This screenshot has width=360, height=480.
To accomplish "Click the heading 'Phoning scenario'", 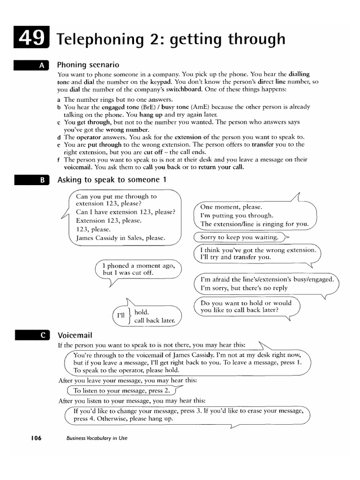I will click(x=88, y=65).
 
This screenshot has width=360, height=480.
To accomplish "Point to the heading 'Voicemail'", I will click(x=75, y=335).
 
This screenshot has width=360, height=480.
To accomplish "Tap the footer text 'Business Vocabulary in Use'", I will click(x=97, y=438).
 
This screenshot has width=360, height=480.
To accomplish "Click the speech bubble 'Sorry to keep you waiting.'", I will click(x=239, y=237).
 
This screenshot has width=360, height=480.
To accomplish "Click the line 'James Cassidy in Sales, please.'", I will click(x=121, y=238).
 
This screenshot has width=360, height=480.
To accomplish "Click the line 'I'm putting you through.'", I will click(x=237, y=216).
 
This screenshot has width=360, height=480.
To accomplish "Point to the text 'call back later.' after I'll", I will click(x=154, y=321).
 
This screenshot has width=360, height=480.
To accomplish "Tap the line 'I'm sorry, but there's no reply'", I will click(x=244, y=288).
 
